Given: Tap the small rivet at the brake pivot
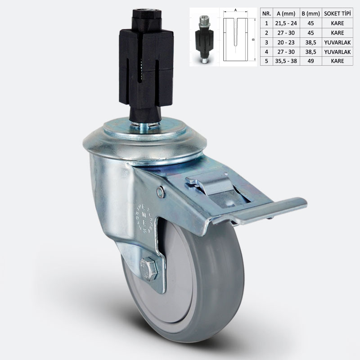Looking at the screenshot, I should click(160, 193).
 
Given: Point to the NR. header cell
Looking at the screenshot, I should click(266, 13).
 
